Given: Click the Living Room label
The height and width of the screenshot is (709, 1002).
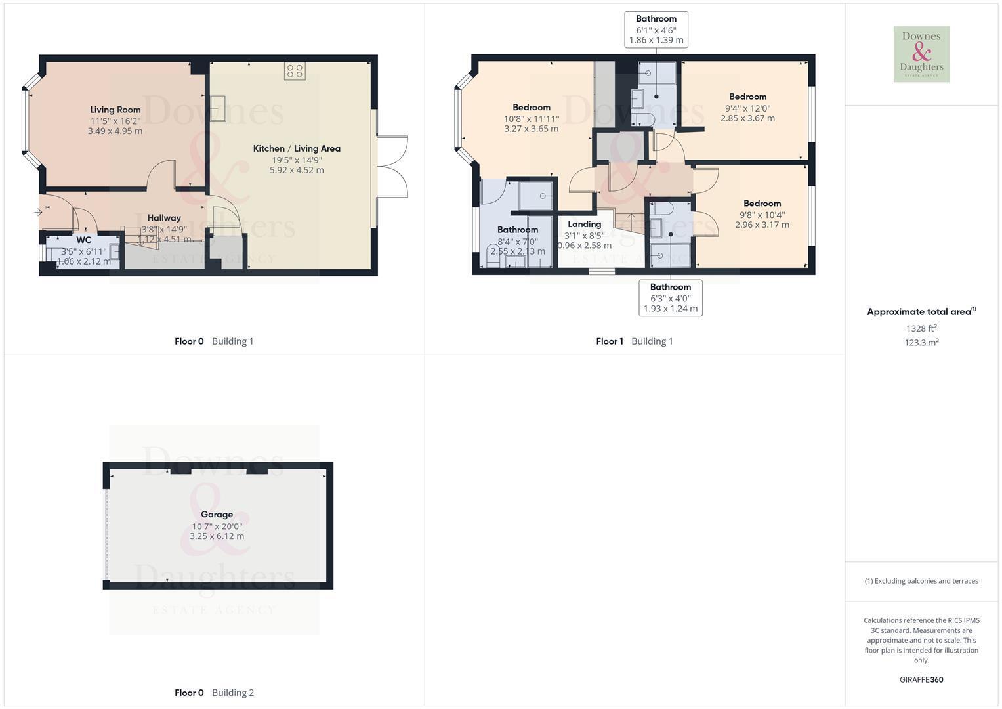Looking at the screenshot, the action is pyautogui.click(x=115, y=110).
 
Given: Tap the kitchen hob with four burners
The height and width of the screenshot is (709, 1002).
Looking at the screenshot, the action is pyautogui.click(x=295, y=71).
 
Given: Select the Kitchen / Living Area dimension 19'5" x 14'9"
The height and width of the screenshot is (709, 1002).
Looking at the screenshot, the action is pyautogui.click(x=297, y=160).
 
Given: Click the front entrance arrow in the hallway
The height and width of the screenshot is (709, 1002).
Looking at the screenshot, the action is pyautogui.click(x=39, y=211).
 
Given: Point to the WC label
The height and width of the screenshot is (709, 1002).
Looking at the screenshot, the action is pyautogui.click(x=83, y=240).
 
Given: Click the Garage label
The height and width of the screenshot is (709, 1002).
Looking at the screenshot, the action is pyautogui.click(x=217, y=514).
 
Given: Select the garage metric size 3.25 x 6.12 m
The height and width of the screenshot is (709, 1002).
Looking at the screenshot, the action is pyautogui.click(x=217, y=536).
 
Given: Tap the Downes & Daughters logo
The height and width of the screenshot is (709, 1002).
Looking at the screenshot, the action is pyautogui.click(x=921, y=54).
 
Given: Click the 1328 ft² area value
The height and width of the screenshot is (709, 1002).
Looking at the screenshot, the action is pyautogui.click(x=921, y=328).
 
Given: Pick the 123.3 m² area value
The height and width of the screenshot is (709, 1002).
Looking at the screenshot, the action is pyautogui.click(x=921, y=343).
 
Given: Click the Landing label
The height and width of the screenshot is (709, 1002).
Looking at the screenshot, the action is pyautogui.click(x=585, y=225).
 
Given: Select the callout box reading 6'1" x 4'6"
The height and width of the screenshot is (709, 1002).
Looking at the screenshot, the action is pyautogui.click(x=656, y=30).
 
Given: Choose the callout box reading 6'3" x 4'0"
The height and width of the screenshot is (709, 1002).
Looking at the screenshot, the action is pyautogui.click(x=671, y=297).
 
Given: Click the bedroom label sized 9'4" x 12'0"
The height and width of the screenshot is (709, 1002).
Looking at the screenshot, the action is pyautogui.click(x=748, y=97).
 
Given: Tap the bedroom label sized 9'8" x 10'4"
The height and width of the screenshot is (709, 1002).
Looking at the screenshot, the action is pyautogui.click(x=762, y=204).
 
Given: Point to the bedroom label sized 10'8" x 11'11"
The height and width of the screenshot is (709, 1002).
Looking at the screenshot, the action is pyautogui.click(x=532, y=108).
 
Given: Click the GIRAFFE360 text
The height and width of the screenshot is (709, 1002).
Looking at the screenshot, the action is pyautogui.click(x=921, y=679).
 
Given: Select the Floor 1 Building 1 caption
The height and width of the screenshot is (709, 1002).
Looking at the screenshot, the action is pyautogui.click(x=635, y=341).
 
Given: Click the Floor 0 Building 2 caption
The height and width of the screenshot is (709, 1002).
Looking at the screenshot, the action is pyautogui.click(x=215, y=693).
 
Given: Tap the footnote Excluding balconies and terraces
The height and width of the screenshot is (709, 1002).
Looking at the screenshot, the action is pyautogui.click(x=921, y=581).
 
